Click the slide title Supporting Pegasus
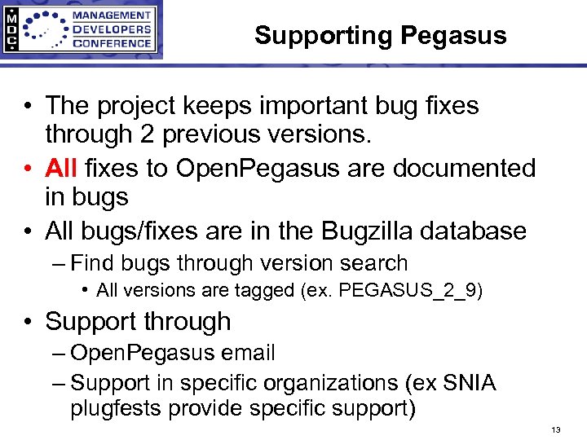click(x=380, y=35)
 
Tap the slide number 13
click(x=557, y=429)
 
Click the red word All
click(x=62, y=169)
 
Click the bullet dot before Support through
click(x=28, y=322)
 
